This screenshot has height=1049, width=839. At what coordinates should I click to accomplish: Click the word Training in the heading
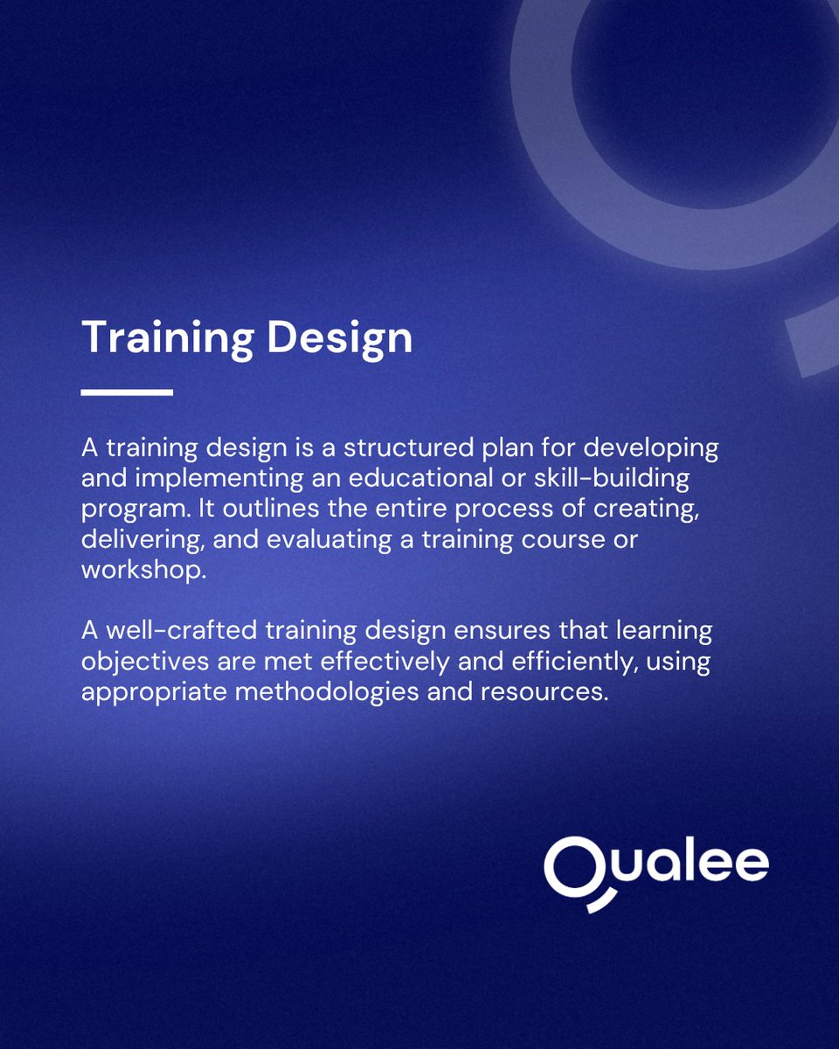[167, 337]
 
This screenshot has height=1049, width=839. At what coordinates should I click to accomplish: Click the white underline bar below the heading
[127, 393]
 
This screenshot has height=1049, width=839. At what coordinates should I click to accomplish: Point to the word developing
[650, 450]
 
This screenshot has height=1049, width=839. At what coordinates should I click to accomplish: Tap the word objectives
[141, 662]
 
